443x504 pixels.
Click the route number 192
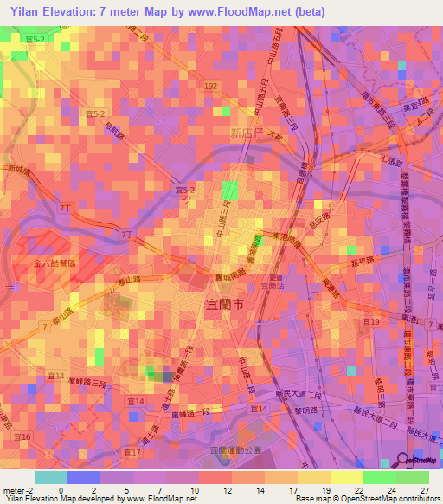pyautogui.click(x=210, y=87)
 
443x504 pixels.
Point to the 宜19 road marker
pyautogui.click(x=372, y=321)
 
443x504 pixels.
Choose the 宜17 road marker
pyautogui.click(x=132, y=452)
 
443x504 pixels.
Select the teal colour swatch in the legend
pyautogui.click(x=50, y=477)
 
